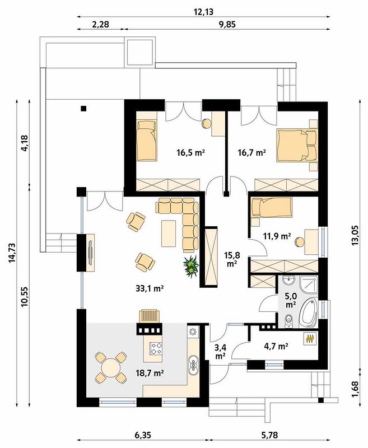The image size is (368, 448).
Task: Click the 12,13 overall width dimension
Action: point(203,12)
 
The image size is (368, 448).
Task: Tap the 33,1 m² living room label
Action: point(150,288)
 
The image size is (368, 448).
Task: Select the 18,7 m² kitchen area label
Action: point(150,372)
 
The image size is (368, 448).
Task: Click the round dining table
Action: point(110,368)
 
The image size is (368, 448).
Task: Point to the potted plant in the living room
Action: point(191,267)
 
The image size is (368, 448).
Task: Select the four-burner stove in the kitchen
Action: point(157,348)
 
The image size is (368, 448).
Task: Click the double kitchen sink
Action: point(193,365)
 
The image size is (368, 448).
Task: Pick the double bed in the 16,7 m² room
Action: point(297,145)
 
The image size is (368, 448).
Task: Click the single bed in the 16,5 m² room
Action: point(147,140)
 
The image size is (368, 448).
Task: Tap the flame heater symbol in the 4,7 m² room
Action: point(310,339)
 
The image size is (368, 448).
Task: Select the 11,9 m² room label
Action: point(277,236)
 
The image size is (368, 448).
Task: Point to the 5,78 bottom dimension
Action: point(269,435)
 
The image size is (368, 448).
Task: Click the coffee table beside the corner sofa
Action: point(169,234)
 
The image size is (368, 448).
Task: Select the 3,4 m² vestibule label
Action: point(220,352)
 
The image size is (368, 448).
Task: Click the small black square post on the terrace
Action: point(83,108)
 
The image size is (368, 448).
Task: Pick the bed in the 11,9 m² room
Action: point(272,207)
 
